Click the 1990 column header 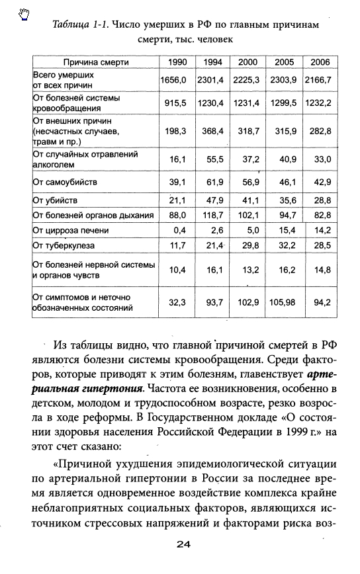tap(176, 62)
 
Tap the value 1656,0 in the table tap(175, 80)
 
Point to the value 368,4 tap(212, 131)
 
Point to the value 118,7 tap(212, 215)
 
